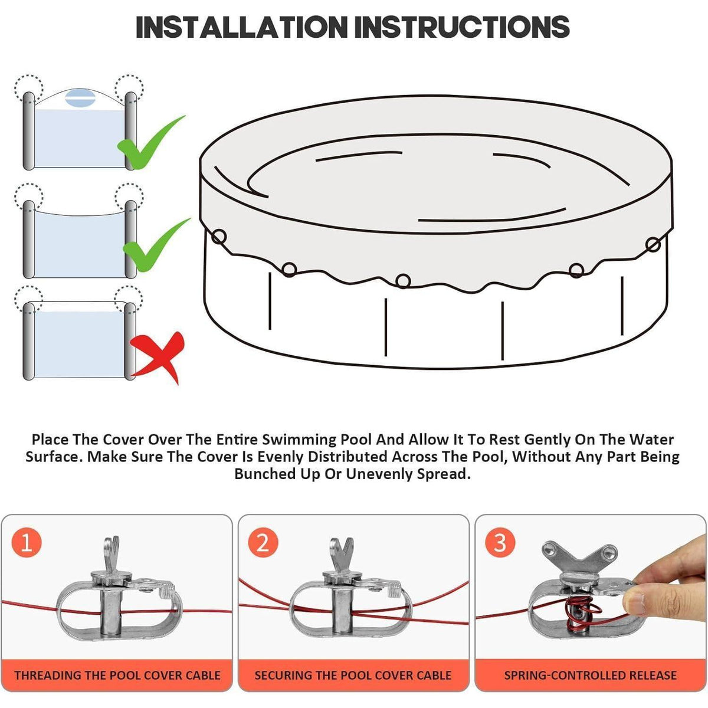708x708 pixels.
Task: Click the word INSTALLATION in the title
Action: click(x=241, y=27)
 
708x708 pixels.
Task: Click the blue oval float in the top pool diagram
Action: click(x=80, y=98)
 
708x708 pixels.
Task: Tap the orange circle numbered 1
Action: click(x=26, y=543)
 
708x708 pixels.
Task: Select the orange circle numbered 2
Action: click(x=263, y=543)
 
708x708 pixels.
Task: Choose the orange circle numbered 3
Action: click(x=499, y=543)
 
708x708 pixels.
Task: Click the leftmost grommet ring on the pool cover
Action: click(x=219, y=236)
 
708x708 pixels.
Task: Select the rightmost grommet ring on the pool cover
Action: click(x=653, y=244)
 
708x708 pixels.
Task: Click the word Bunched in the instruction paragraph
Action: click(x=265, y=474)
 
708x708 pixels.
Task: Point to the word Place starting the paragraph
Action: click(x=50, y=440)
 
